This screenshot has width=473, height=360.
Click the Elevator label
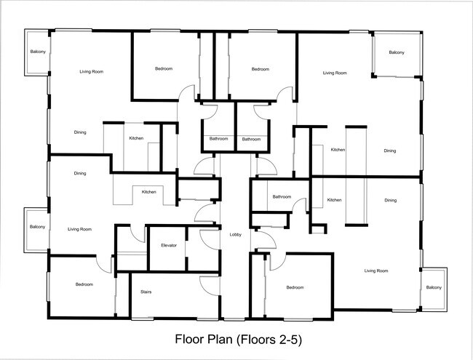click(169, 246)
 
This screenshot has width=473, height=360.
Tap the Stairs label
click(146, 292)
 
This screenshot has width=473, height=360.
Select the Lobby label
click(235, 234)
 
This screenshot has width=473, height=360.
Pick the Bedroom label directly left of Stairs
click(84, 284)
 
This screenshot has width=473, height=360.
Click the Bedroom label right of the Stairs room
click(295, 287)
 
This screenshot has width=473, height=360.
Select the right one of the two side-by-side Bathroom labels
click(251, 139)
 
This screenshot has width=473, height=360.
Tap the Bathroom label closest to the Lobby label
click(282, 196)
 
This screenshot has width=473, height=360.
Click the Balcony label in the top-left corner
click(36, 52)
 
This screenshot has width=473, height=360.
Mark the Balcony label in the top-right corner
click(397, 52)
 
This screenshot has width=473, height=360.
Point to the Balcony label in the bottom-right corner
click(434, 287)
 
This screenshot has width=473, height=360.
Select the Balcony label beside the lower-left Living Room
click(37, 227)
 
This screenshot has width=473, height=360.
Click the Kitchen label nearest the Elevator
click(148, 192)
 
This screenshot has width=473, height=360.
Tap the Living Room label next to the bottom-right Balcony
click(376, 271)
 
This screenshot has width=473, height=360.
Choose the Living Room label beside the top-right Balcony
click(335, 73)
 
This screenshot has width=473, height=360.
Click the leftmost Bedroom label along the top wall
click(164, 69)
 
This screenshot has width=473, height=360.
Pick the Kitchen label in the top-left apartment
click(136, 138)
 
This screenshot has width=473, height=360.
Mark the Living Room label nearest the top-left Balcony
click(90, 71)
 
